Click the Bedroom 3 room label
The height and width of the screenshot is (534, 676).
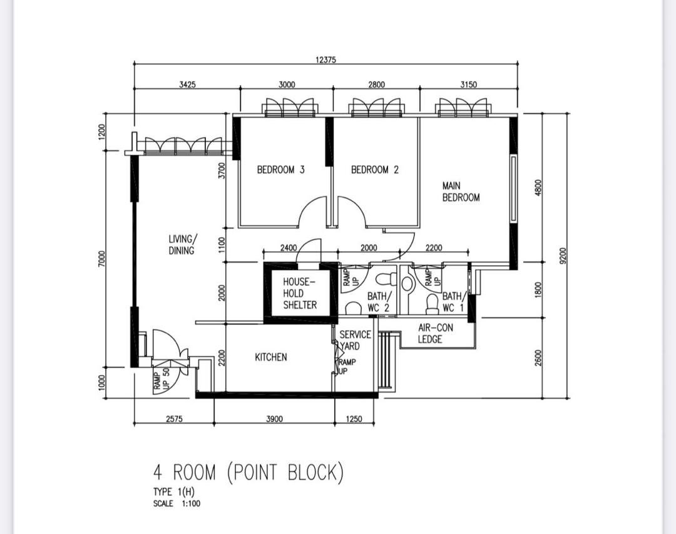pyautogui.click(x=280, y=169)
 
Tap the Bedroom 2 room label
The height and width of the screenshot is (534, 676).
pyautogui.click(x=375, y=169)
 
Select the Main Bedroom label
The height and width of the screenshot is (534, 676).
pyautogui.click(x=461, y=191)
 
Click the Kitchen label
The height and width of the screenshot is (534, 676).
pyautogui.click(x=271, y=357)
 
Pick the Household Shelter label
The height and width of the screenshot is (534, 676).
pyautogui.click(x=300, y=293)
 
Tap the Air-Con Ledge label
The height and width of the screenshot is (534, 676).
pyautogui.click(x=436, y=333)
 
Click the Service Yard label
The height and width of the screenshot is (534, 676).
pyautogui.click(x=355, y=340)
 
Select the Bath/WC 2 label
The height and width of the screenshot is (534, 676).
pyautogui.click(x=379, y=302)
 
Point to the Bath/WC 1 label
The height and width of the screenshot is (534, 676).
pyautogui.click(x=454, y=302)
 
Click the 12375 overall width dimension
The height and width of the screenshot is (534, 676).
pyautogui.click(x=325, y=60)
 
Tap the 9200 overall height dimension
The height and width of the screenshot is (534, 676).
pyautogui.click(x=561, y=255)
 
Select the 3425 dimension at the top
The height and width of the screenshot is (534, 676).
pyautogui.click(x=187, y=84)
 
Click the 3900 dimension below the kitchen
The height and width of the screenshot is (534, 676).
pyautogui.click(x=274, y=418)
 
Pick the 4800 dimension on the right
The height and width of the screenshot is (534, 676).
pyautogui.click(x=538, y=188)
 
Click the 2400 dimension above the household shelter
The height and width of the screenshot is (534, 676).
pyautogui.click(x=289, y=248)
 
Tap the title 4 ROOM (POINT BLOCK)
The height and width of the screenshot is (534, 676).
pyautogui.click(x=248, y=473)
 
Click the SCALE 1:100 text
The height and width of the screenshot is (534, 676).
pyautogui.click(x=177, y=503)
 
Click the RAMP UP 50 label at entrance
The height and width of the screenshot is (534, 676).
pyautogui.click(x=162, y=378)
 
